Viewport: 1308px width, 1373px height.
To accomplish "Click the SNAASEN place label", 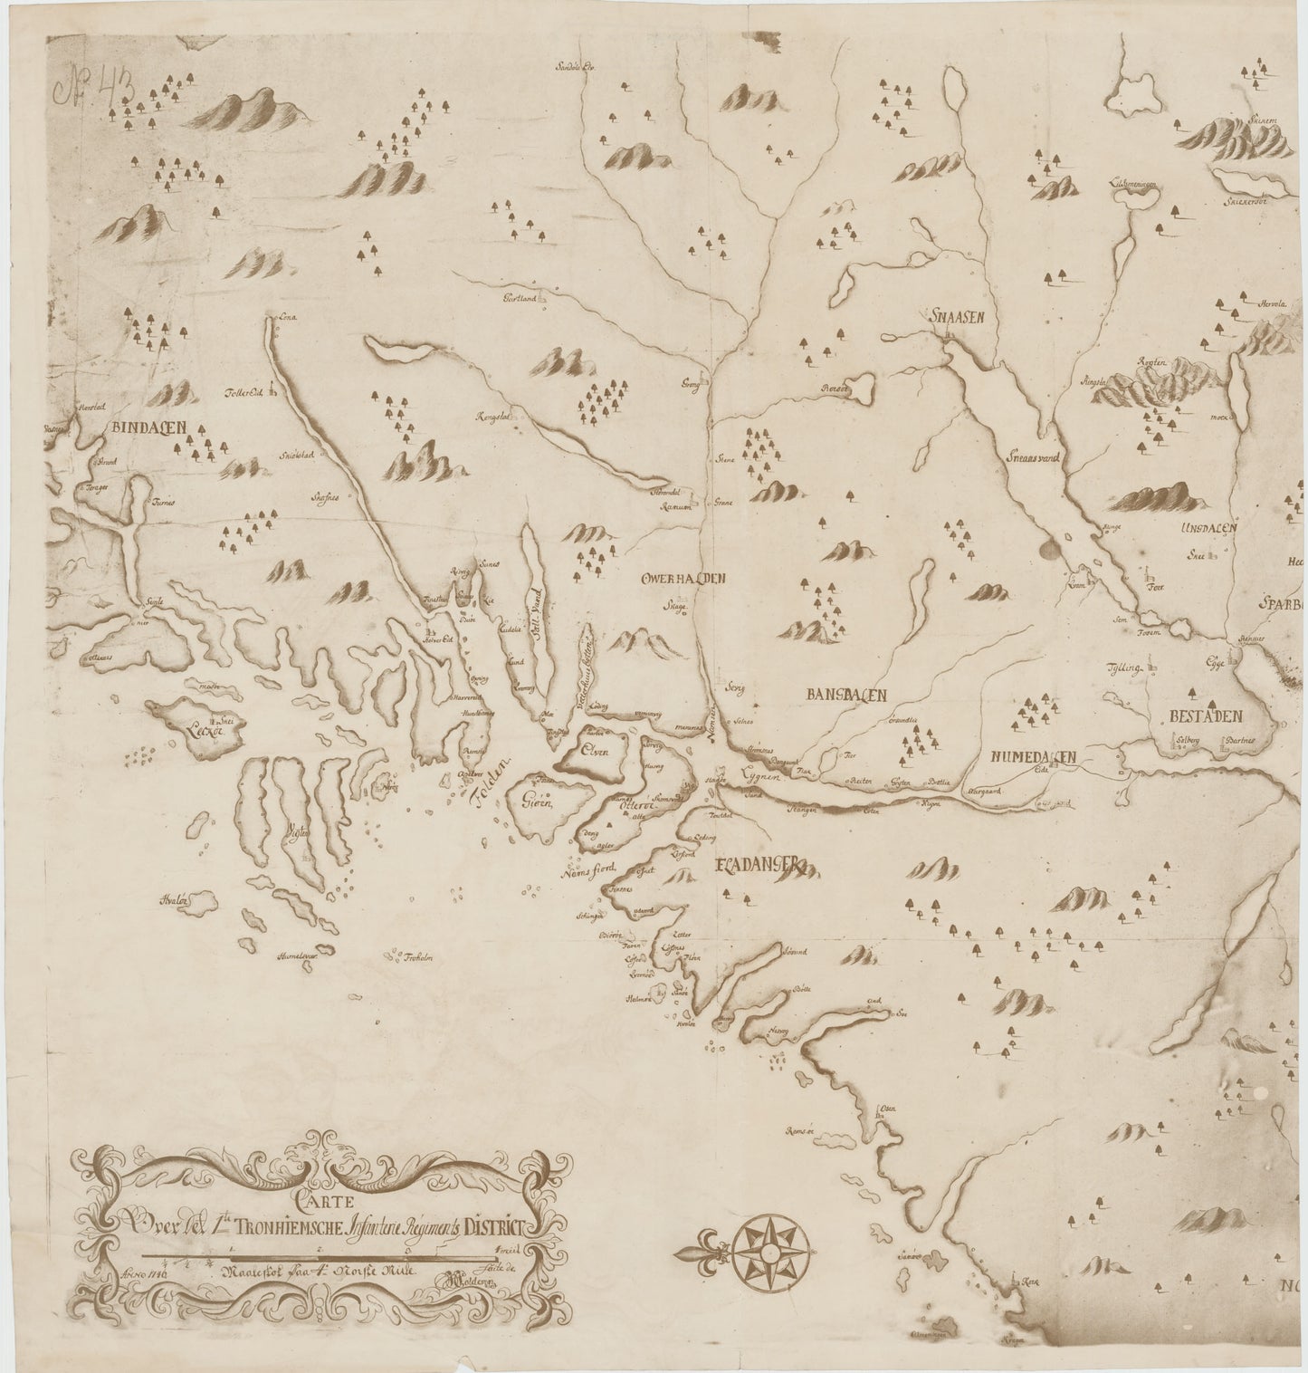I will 950,317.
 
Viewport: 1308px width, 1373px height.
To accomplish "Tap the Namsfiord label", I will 588,869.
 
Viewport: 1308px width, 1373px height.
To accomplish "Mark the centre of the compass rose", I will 764,1252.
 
